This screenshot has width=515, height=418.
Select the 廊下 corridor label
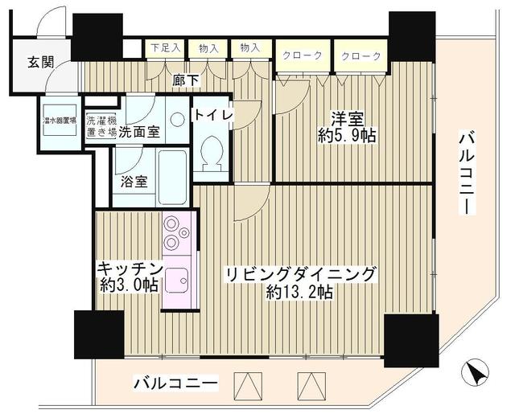(x=186, y=80)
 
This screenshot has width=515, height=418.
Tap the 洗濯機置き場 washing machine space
(x=101, y=127)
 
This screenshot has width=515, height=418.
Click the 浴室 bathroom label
(x=134, y=181)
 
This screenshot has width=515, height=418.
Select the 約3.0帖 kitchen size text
(x=129, y=285)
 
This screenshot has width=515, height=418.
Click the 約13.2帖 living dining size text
(x=298, y=293)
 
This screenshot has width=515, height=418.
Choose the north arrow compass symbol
(x=475, y=373)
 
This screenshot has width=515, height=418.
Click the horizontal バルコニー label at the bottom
(x=175, y=383)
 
